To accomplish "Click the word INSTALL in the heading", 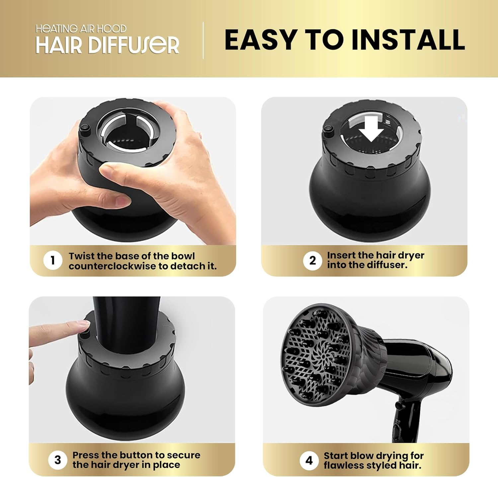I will click(x=408, y=40).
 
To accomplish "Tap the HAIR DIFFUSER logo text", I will click(x=107, y=45).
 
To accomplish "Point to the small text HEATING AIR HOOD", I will click(x=81, y=29).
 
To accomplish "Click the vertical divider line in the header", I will click(x=203, y=40).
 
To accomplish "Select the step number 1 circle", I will click(x=52, y=261).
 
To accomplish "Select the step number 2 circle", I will click(x=312, y=261).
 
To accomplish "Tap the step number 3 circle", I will click(x=57, y=460).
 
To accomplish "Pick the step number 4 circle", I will click(x=309, y=460).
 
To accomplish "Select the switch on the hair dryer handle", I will click(x=397, y=429).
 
